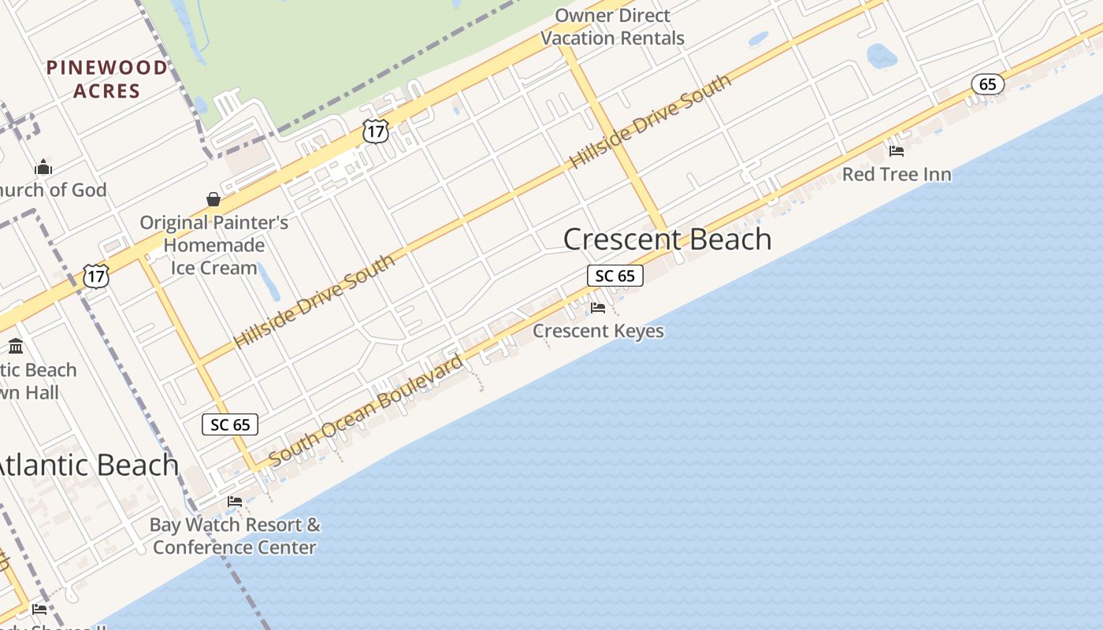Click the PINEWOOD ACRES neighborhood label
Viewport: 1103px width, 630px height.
coord(107,79)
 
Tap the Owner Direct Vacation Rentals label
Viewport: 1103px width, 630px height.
coord(612,27)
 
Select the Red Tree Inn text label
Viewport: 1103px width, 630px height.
coord(897,174)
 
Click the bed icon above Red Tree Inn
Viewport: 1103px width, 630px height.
coord(896,150)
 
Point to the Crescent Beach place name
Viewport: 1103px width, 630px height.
coord(667,239)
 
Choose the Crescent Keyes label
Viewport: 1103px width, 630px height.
coord(598,331)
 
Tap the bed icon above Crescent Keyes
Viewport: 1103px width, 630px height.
coord(598,307)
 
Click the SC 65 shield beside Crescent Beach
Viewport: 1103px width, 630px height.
coord(615,276)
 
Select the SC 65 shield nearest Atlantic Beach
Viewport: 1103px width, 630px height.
coord(230,424)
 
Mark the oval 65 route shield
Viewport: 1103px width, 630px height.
coord(988,84)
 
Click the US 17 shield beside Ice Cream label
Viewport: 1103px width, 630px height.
coord(96,276)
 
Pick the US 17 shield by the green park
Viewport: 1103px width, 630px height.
coord(376,132)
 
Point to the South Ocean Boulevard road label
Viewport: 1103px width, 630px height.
coord(366,411)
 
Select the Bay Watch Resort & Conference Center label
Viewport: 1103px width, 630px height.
coord(235,535)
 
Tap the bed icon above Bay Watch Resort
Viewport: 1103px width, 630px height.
coord(234,501)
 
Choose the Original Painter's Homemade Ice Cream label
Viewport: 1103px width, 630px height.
coord(214,245)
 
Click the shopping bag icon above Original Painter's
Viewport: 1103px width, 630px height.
coord(213,199)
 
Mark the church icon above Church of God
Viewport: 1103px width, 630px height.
coord(43,167)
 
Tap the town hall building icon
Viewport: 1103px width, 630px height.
coord(16,346)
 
